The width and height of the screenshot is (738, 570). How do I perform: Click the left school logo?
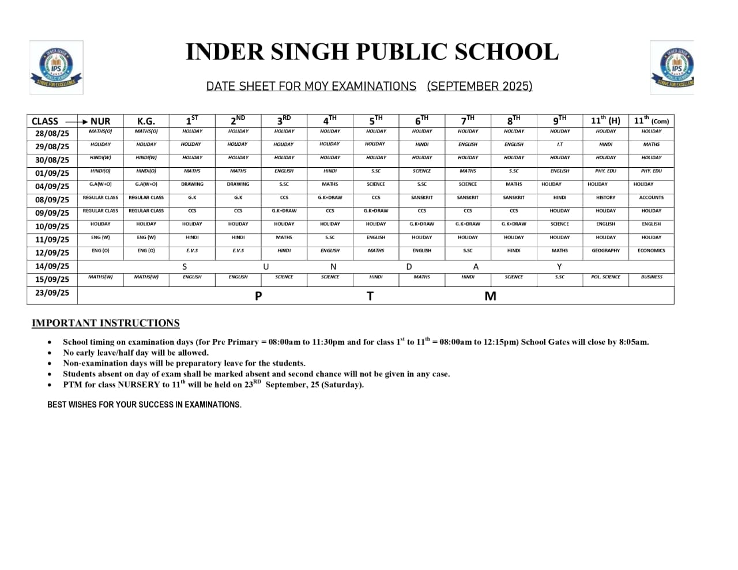point(56,67)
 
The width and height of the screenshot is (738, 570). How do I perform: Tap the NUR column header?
point(100,121)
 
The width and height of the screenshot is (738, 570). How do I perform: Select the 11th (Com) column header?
point(651,120)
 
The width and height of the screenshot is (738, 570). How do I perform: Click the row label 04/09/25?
point(52,186)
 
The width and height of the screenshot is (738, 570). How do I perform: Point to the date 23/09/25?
point(52,293)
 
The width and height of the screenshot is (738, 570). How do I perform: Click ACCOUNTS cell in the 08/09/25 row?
point(651,198)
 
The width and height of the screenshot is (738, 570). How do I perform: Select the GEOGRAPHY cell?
point(605,251)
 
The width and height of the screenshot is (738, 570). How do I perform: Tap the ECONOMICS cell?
point(651,251)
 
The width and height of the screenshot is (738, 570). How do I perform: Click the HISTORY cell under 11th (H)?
point(605,198)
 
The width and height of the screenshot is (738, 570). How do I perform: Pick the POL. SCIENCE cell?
point(605,277)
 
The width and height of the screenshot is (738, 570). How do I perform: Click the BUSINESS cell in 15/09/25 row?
point(651,277)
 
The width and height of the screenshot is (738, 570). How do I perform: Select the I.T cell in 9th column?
point(559,145)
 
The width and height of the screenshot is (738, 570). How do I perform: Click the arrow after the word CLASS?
point(76,122)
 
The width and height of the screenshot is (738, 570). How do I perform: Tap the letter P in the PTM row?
point(258,296)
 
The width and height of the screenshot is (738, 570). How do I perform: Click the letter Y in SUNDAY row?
point(559,267)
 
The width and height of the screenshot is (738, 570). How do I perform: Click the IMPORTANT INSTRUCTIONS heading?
point(106,323)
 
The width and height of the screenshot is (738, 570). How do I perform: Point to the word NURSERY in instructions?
point(138,385)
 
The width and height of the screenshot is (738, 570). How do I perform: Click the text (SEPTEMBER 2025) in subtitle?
point(479,86)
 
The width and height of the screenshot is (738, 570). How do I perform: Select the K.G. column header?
point(146,121)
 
